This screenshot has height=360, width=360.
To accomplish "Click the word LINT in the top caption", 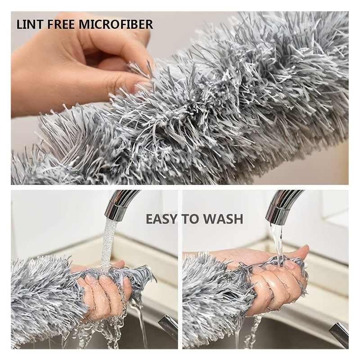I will point(28,24).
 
